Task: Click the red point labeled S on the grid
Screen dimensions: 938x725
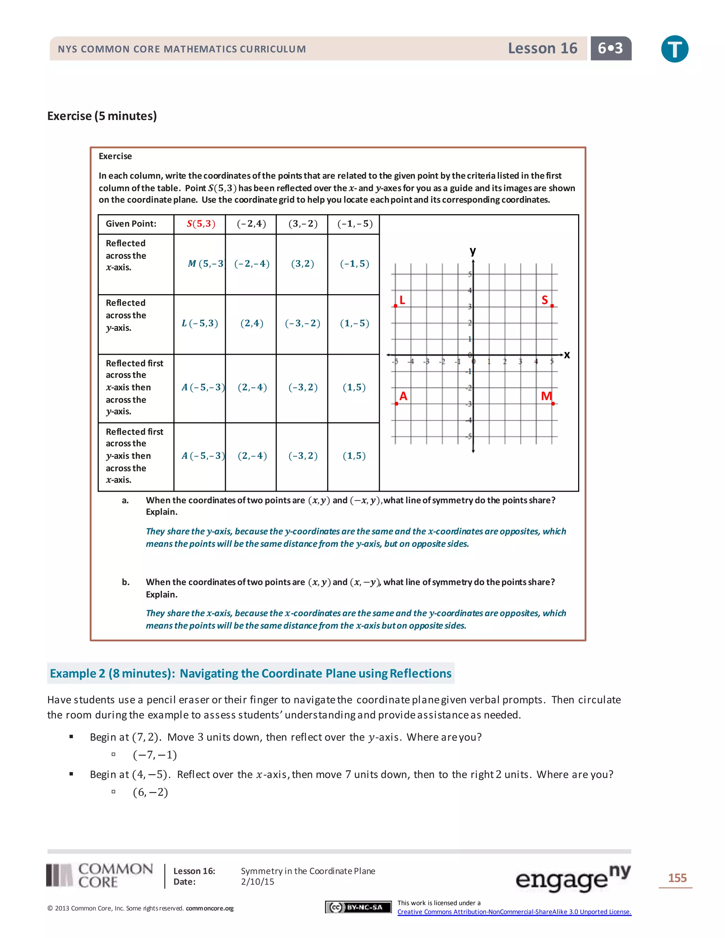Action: (x=552, y=306)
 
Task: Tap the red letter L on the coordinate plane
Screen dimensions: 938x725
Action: (x=402, y=300)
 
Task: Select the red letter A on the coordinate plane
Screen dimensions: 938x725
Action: (x=403, y=396)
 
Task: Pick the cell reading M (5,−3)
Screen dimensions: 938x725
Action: (x=206, y=264)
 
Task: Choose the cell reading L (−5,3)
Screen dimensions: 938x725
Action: (x=200, y=324)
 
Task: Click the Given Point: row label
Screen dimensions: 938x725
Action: (x=131, y=224)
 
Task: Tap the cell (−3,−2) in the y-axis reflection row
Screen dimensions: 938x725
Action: (x=302, y=324)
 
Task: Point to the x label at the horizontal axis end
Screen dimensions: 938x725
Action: (x=567, y=355)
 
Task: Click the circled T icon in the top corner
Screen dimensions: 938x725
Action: (x=674, y=49)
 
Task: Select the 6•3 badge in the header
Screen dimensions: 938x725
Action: (x=610, y=48)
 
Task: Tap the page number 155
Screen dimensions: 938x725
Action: (x=677, y=878)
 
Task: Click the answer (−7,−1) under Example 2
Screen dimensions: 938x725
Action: (x=155, y=755)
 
